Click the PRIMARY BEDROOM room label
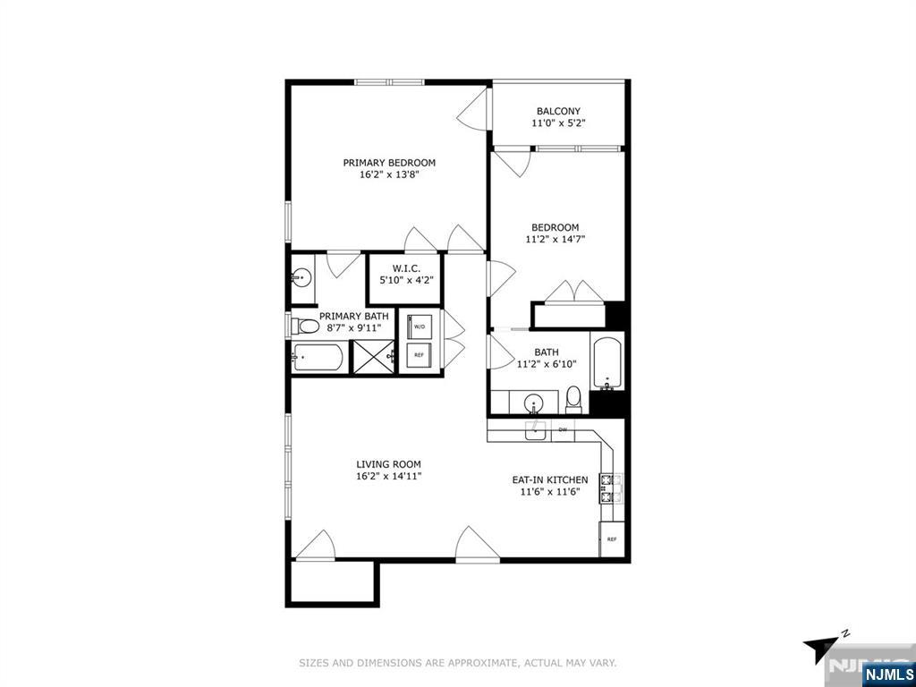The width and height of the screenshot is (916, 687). pyautogui.click(x=389, y=163)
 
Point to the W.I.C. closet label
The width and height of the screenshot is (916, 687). pyautogui.click(x=406, y=268)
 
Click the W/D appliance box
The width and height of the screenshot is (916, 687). pyautogui.click(x=419, y=327)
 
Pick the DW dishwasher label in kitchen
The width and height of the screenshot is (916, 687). pyautogui.click(x=563, y=430)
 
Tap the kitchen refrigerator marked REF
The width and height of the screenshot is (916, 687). pyautogui.click(x=612, y=539)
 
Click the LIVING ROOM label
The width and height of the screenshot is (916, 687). pyautogui.click(x=388, y=464)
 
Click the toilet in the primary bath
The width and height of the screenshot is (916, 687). pyautogui.click(x=306, y=325)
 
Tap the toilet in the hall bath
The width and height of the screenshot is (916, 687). pyautogui.click(x=573, y=399)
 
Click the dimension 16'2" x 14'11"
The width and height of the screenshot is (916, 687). pyautogui.click(x=388, y=477)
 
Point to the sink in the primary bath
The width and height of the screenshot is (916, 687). pyautogui.click(x=301, y=278)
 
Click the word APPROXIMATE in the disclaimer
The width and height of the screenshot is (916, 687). pyautogui.click(x=475, y=663)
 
